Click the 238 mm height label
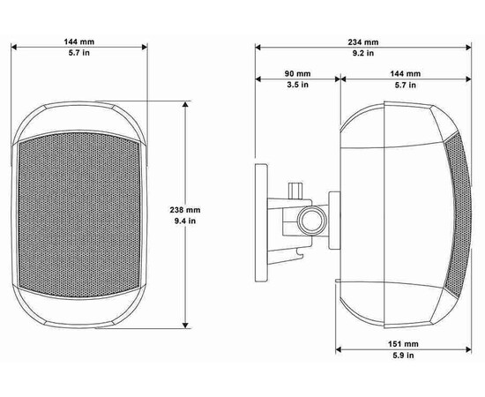pyautogui.click(x=185, y=210)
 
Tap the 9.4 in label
pyautogui.click(x=185, y=221)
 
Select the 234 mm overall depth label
pyautogui.click(x=363, y=42)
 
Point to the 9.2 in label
pyautogui.click(x=363, y=53)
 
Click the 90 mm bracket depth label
pyautogui.click(x=297, y=73)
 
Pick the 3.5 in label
pyautogui.click(x=297, y=85)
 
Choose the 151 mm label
pyautogui.click(x=403, y=344)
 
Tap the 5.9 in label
pyautogui.click(x=403, y=356)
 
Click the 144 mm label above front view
pyautogui.click(x=79, y=41)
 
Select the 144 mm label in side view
pyautogui.click(x=406, y=73)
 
